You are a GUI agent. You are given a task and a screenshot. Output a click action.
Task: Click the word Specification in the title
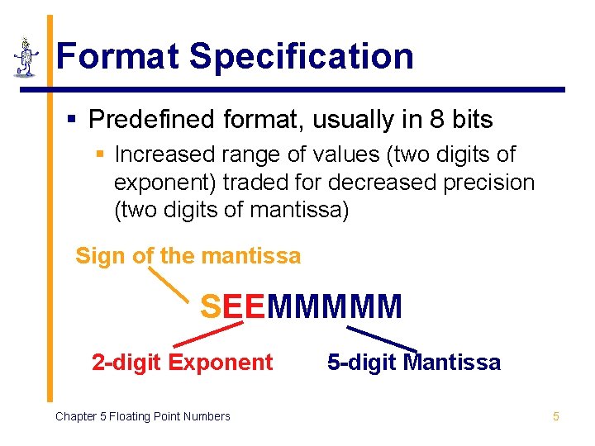click(301, 56)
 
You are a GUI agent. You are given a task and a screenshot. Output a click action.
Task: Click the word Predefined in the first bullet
click(152, 121)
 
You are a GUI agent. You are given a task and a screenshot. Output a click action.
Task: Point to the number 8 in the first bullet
click(437, 121)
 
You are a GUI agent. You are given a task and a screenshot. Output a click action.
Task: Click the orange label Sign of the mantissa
click(188, 256)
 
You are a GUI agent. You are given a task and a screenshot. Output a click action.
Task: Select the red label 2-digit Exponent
click(182, 363)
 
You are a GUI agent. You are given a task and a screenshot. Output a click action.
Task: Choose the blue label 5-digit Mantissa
click(413, 363)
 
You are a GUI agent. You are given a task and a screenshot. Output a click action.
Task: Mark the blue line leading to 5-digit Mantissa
click(381, 338)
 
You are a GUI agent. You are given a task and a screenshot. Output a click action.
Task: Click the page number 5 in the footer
click(555, 416)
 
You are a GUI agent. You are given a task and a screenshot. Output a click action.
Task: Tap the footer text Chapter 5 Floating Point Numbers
click(142, 416)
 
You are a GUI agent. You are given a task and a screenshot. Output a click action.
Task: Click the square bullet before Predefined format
click(72, 121)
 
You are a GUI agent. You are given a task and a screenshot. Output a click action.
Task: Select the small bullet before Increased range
click(99, 154)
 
